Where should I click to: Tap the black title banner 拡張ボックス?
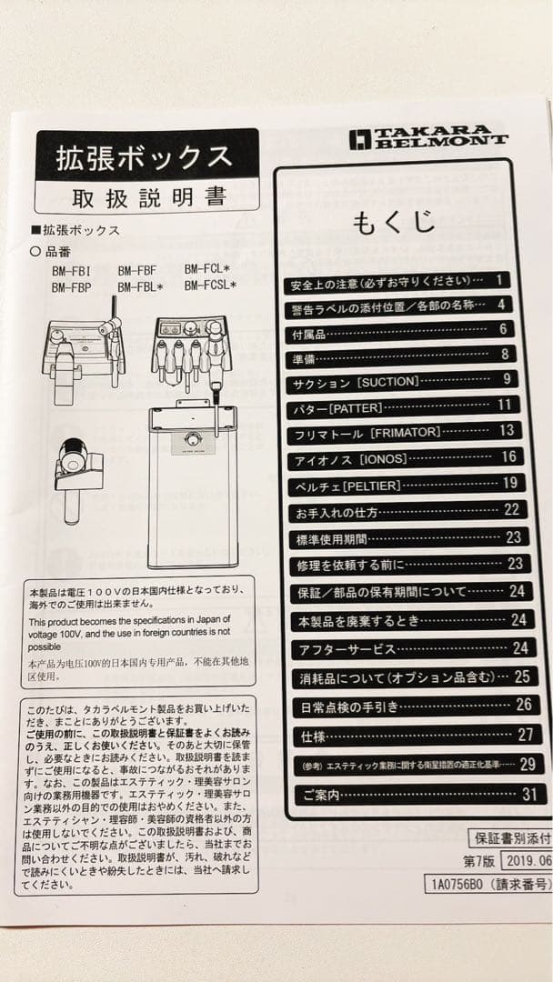pyautogui.click(x=146, y=157)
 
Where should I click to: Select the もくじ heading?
pyautogui.click(x=393, y=222)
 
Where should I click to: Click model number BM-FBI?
pyautogui.click(x=71, y=269)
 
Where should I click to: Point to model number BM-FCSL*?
pyautogui.click(x=210, y=286)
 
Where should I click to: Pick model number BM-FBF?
pyautogui.click(x=137, y=269)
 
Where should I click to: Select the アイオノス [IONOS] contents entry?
pyautogui.click(x=351, y=458)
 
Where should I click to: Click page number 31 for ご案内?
pyautogui.click(x=529, y=793)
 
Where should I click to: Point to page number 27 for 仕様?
pyautogui.click(x=525, y=734)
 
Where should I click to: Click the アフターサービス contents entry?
pyautogui.click(x=346, y=649)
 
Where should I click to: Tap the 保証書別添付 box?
pyautogui.click(x=510, y=837)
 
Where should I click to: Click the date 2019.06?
pyautogui.click(x=528, y=860)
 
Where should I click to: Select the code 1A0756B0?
pyautogui.click(x=455, y=883)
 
